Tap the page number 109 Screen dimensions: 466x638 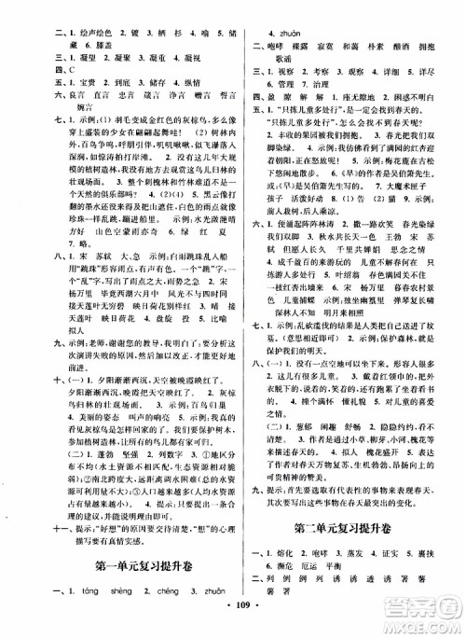[234, 623]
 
